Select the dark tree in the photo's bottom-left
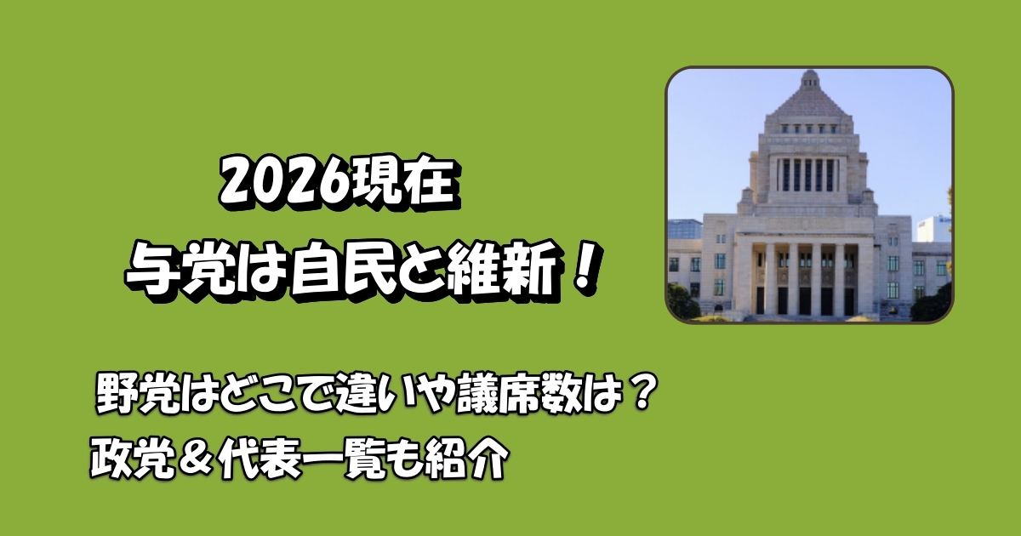[681, 302]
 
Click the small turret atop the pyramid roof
[809, 77]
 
